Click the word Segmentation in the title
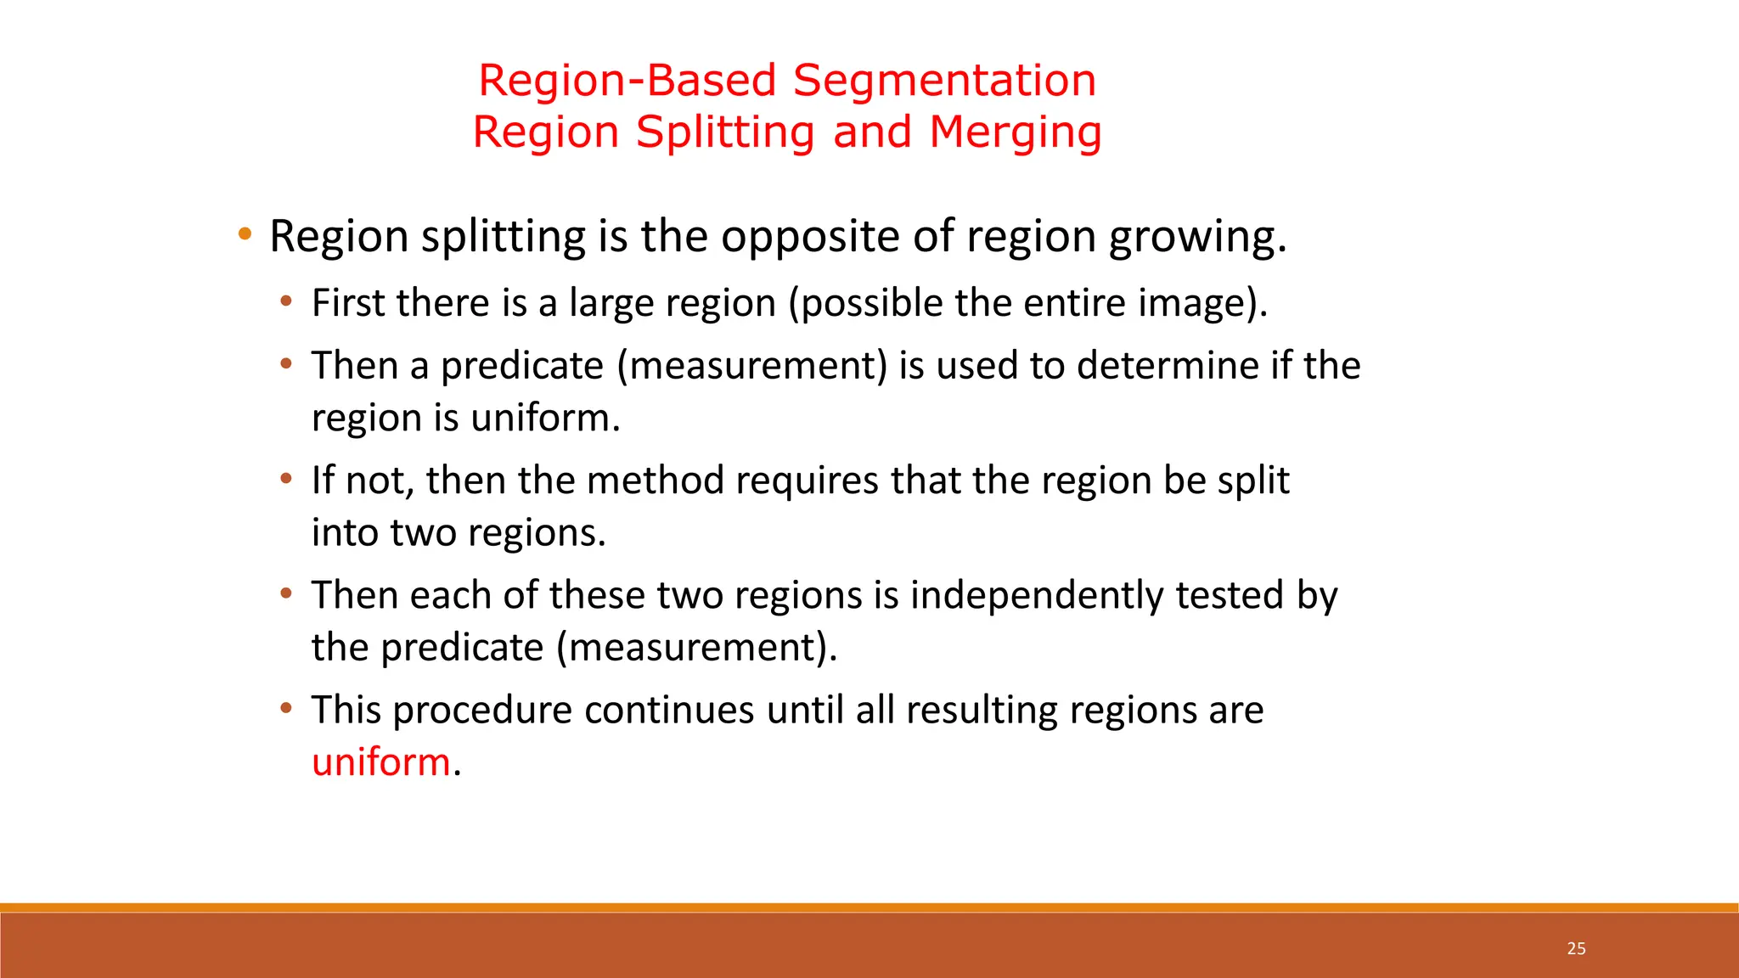(944, 81)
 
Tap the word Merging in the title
(1015, 133)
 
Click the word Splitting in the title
(725, 133)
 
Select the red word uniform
(380, 762)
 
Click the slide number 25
(1576, 948)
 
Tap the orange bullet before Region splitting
(245, 233)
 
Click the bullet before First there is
(286, 301)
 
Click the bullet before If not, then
(286, 478)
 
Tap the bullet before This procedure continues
(286, 707)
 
